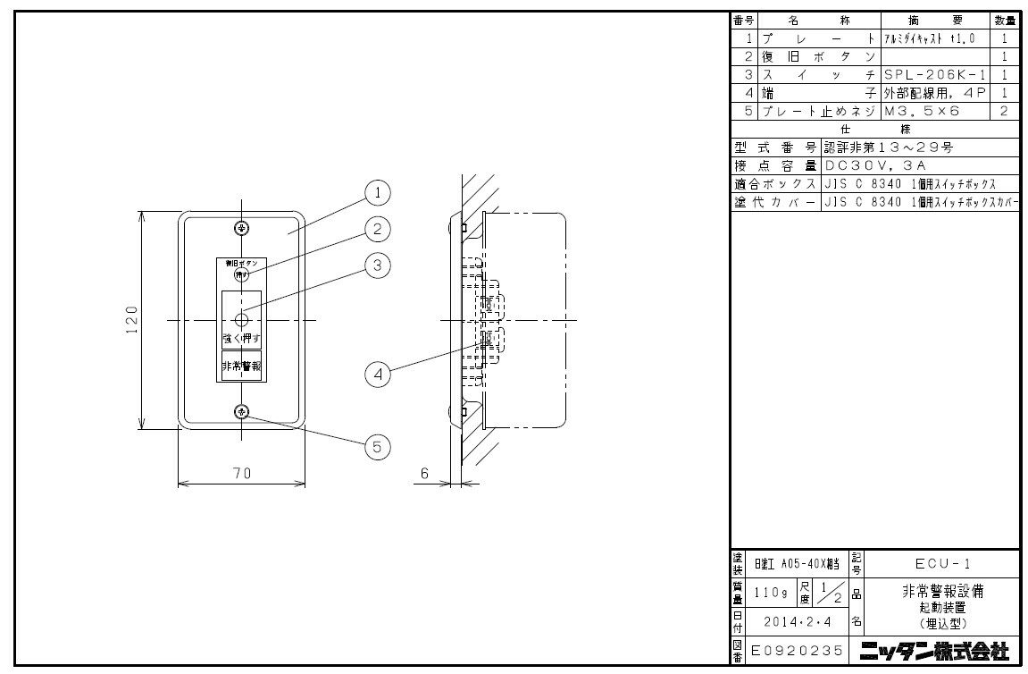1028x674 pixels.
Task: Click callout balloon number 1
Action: point(378,192)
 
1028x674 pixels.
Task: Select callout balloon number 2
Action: point(378,230)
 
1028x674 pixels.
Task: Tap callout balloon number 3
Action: point(378,265)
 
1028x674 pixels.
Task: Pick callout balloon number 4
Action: point(378,375)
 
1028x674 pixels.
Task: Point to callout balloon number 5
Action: point(378,447)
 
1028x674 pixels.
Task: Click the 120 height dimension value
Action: point(131,320)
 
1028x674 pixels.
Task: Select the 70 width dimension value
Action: point(241,474)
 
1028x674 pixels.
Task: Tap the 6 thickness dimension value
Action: point(424,474)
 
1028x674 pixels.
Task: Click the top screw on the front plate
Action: point(241,228)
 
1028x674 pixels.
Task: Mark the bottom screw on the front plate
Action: point(241,411)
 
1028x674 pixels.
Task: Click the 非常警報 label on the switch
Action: point(241,366)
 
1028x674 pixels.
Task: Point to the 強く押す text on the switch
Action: point(241,340)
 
